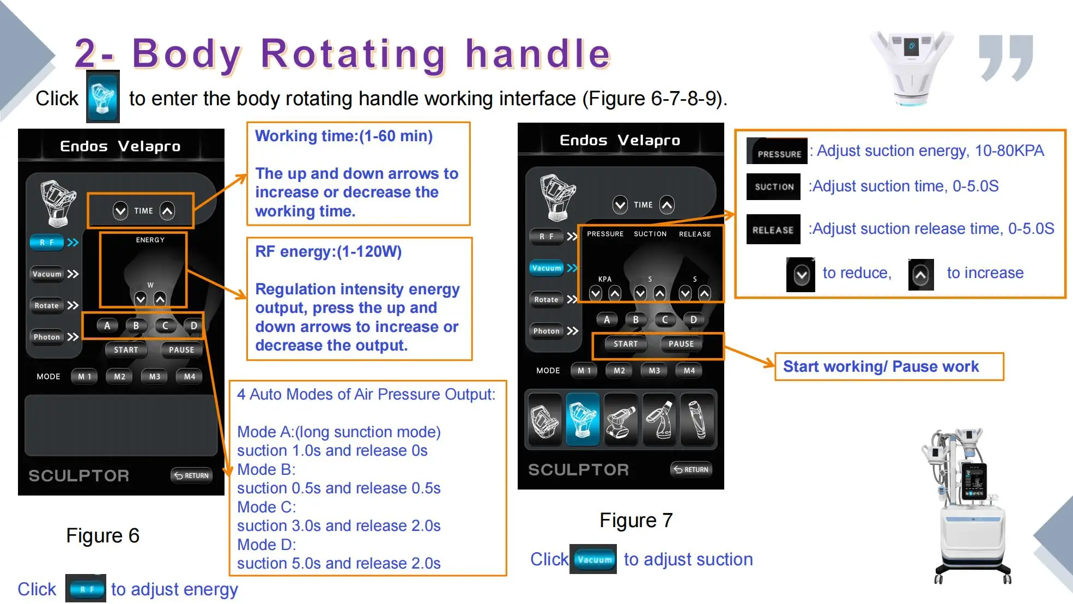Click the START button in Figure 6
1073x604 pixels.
tap(126, 350)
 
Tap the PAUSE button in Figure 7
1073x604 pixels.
tap(681, 344)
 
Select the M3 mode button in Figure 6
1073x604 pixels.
tap(155, 377)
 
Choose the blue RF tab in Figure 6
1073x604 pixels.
tap(47, 243)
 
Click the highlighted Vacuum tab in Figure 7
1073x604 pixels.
tap(547, 268)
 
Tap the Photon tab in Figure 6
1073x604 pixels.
tap(47, 337)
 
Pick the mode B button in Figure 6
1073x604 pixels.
tap(136, 326)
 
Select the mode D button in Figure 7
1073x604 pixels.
tap(693, 320)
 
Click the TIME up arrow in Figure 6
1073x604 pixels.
tap(167, 211)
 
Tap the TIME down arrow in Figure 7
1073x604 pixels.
tap(620, 205)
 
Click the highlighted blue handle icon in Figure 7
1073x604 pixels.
tap(583, 419)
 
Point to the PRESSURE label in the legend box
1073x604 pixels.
tap(778, 152)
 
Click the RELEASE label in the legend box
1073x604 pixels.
tap(773, 229)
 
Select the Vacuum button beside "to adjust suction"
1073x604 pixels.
tap(593, 559)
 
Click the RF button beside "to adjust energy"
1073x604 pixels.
tap(86, 589)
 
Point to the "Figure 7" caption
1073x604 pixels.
tap(636, 521)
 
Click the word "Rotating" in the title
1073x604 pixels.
tap(354, 54)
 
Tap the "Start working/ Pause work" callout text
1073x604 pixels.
tap(881, 367)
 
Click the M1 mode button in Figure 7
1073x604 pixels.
tap(584, 371)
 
